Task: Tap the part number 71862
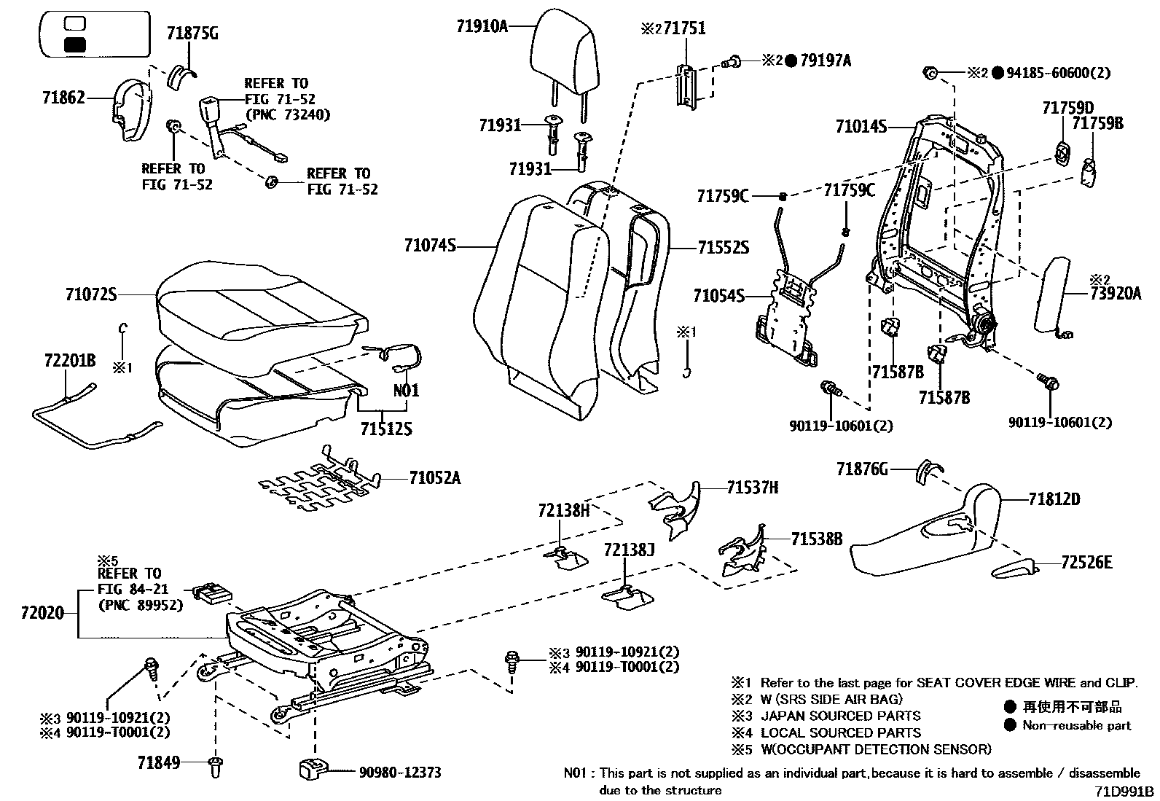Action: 63,97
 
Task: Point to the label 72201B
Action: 69,360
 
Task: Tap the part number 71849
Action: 160,763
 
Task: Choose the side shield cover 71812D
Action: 925,539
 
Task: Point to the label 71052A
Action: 434,478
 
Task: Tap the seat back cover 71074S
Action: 539,306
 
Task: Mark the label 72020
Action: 42,614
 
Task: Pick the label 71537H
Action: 752,488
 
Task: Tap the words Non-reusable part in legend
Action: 1076,725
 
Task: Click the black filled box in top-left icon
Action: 75,44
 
